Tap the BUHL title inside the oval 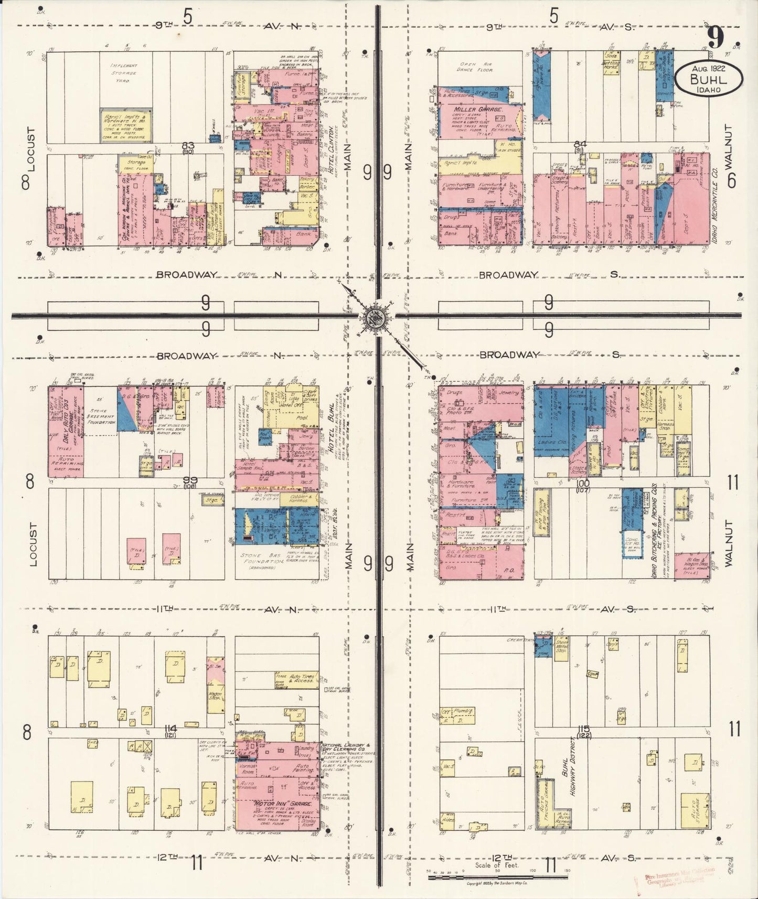(708, 80)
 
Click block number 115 (583, 729)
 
